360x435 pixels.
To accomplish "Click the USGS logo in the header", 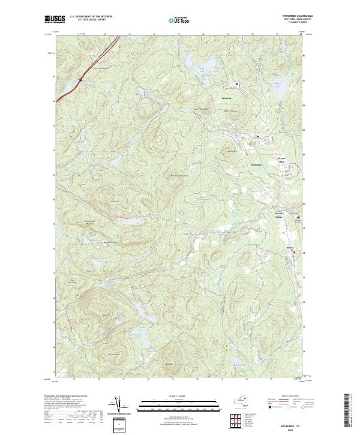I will click(53, 20).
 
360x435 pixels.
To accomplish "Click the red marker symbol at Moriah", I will click(294, 253).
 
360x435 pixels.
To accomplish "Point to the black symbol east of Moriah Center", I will click(299, 217).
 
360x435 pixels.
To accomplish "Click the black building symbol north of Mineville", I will click(236, 83).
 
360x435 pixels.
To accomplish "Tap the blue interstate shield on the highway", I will click(80, 79).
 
